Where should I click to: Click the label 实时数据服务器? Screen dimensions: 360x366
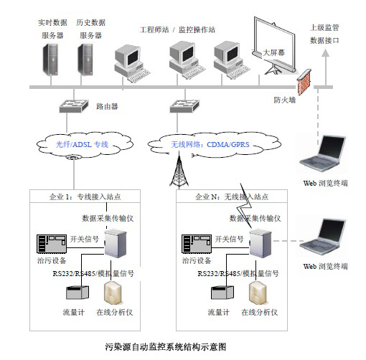point(51,28)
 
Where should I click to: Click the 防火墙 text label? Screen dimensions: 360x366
point(284,100)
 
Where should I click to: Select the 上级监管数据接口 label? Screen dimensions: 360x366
point(324,34)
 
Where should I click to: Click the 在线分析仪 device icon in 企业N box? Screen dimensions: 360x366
point(258,292)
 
